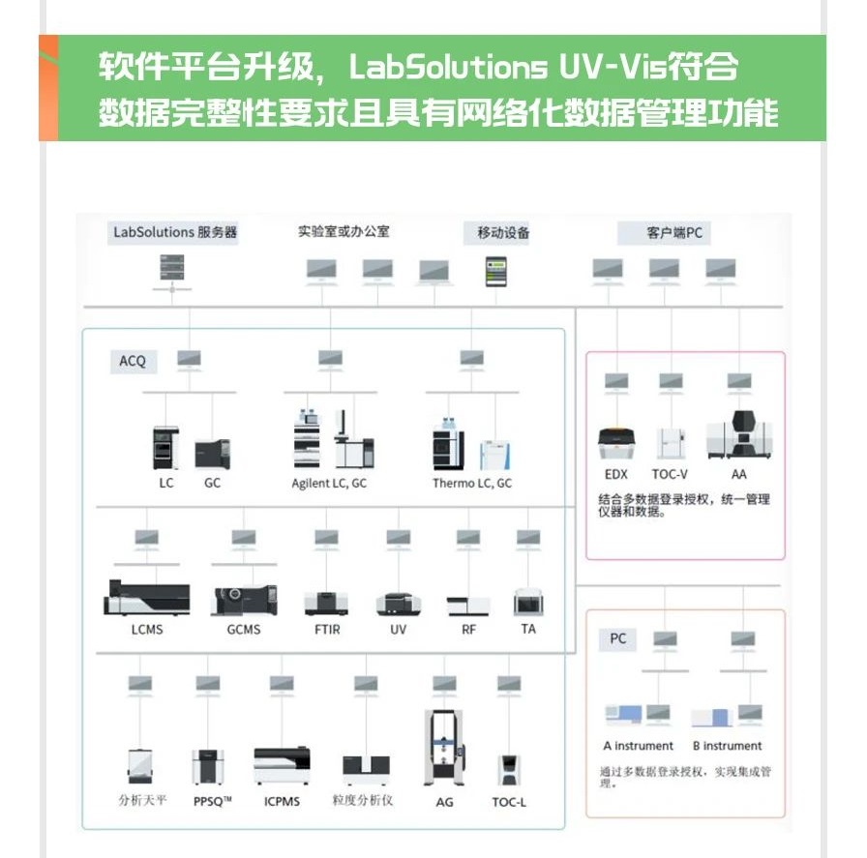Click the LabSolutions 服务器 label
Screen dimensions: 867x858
[175, 232]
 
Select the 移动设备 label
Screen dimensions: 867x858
[503, 233]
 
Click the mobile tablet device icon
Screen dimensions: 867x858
[496, 272]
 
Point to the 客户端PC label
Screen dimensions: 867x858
[674, 233]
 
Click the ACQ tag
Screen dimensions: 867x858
[133, 362]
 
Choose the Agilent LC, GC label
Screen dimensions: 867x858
[329, 484]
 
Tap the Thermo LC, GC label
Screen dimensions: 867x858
[472, 484]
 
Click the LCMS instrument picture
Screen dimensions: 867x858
[147, 598]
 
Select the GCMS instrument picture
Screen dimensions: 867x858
[244, 600]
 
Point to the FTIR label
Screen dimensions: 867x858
[327, 629]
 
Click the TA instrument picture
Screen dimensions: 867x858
[528, 603]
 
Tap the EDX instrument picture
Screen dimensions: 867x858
[616, 443]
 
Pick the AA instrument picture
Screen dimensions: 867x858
[739, 434]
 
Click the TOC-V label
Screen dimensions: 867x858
[670, 474]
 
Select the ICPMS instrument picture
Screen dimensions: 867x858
[282, 766]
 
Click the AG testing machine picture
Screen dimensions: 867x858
[444, 748]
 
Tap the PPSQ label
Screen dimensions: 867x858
[212, 801]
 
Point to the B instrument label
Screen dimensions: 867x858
[727, 746]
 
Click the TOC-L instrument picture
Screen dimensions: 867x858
[509, 770]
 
